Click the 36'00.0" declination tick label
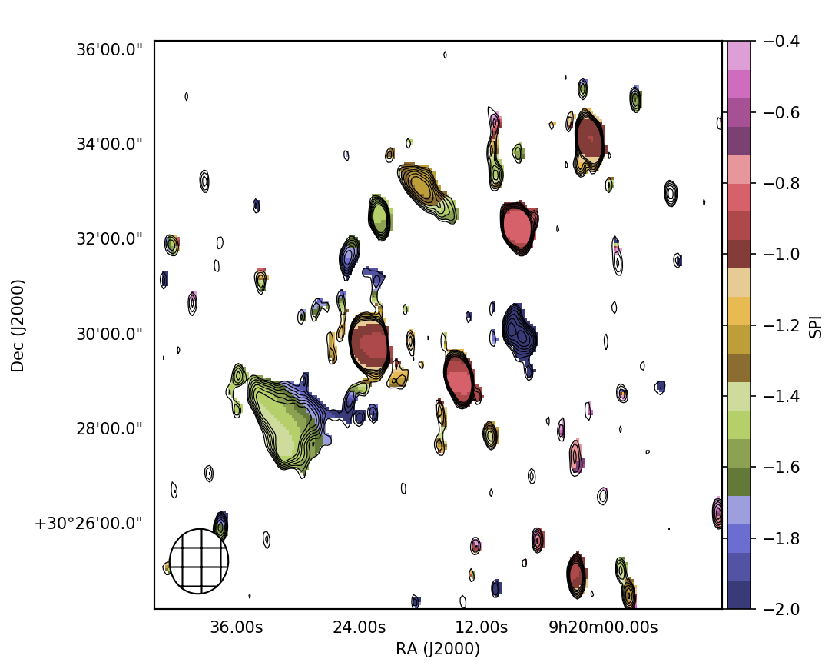point(108,50)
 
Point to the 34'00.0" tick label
point(108,145)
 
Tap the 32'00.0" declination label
point(108,239)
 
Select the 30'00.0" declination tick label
point(108,334)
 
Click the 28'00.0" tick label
point(108,428)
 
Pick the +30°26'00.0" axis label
point(88,524)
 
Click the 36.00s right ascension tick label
point(237,627)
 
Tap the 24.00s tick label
point(359,627)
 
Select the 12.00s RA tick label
point(482,627)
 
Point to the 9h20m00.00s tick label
point(603,627)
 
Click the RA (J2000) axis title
point(438,649)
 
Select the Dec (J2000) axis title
point(18,325)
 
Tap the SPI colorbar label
point(816,325)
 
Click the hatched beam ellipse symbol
point(199,561)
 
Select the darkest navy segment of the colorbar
point(739,595)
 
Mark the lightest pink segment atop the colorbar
point(739,55)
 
